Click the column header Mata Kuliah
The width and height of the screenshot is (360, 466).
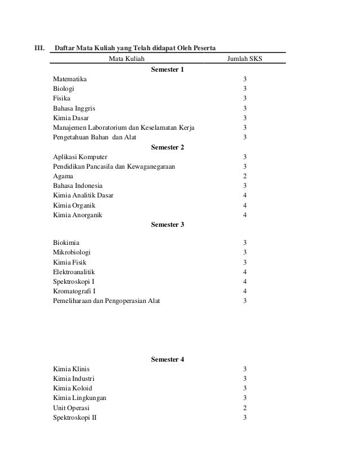(x=126, y=59)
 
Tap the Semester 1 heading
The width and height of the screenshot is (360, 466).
(x=168, y=69)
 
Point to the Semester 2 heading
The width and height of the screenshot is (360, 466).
(x=168, y=147)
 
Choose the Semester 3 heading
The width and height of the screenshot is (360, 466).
(x=168, y=225)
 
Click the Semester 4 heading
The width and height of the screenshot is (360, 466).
(x=168, y=359)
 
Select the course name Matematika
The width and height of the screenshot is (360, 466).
(x=70, y=80)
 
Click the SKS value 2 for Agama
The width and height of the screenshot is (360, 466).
(x=244, y=176)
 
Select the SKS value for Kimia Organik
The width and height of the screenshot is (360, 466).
(x=244, y=205)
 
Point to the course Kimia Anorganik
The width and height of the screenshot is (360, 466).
(x=78, y=215)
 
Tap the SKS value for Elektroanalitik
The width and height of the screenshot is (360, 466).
(x=244, y=272)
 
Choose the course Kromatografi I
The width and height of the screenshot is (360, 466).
(x=75, y=291)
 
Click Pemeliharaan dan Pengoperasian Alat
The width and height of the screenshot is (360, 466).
(x=106, y=301)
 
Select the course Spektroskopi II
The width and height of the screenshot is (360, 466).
(x=74, y=417)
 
